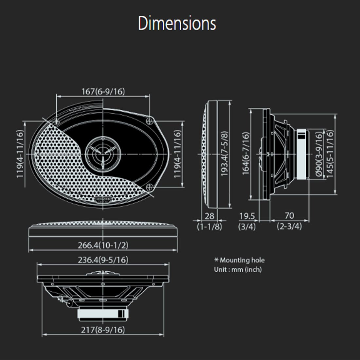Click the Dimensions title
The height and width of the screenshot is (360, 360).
[177, 24]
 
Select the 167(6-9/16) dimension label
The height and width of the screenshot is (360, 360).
[103, 92]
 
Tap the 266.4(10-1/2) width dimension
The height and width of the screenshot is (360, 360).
[103, 245]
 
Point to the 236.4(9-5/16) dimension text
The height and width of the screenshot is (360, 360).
[103, 260]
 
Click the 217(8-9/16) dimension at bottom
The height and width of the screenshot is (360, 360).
[103, 330]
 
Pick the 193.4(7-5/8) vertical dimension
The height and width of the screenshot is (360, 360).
[225, 154]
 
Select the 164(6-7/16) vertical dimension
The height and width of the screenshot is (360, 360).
[246, 153]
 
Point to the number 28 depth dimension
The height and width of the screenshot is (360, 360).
[209, 216]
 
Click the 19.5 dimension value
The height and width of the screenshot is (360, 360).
[247, 216]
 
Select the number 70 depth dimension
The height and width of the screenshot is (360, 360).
[289, 216]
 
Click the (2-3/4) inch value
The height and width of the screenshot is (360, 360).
[289, 226]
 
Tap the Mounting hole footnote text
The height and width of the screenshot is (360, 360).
[239, 261]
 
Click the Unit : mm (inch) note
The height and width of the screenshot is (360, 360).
[238, 270]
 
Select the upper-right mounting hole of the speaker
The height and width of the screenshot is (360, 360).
[150, 120]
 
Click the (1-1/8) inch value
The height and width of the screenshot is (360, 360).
[209, 226]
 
